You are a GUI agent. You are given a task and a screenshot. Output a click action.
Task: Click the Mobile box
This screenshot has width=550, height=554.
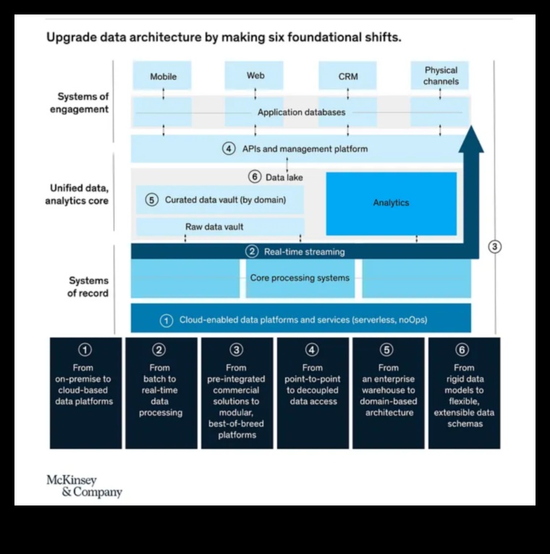tap(163, 76)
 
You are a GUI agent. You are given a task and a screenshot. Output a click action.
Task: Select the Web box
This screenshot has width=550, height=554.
tap(255, 75)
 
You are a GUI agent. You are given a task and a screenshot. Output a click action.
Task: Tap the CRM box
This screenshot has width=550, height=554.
tap(347, 76)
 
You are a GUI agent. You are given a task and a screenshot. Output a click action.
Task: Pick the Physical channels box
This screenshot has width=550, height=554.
tap(440, 75)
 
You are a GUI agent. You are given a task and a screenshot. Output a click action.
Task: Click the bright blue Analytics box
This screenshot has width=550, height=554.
tap(391, 203)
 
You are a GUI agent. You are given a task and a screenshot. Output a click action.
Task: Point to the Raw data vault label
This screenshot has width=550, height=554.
tap(214, 227)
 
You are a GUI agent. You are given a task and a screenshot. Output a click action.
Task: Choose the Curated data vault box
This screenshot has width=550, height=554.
tap(220, 200)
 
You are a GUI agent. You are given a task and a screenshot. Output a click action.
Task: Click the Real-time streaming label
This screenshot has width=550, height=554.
tap(304, 251)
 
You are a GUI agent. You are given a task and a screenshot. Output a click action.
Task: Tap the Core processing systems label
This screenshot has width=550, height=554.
tap(300, 277)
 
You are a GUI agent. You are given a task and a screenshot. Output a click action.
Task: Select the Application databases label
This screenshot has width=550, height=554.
tap(301, 112)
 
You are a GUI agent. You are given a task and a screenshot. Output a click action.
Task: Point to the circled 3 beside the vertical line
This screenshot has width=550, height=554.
tap(495, 246)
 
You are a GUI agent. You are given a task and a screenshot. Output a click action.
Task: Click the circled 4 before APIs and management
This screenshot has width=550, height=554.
tap(229, 148)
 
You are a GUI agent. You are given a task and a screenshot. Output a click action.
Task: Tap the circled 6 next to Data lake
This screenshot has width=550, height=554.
tap(254, 177)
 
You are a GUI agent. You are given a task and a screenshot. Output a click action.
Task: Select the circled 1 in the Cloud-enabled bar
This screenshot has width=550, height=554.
tap(166, 319)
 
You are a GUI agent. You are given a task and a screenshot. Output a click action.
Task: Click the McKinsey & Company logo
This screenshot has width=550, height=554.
tap(84, 486)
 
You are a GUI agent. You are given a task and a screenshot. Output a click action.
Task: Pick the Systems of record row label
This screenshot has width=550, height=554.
tap(88, 287)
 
